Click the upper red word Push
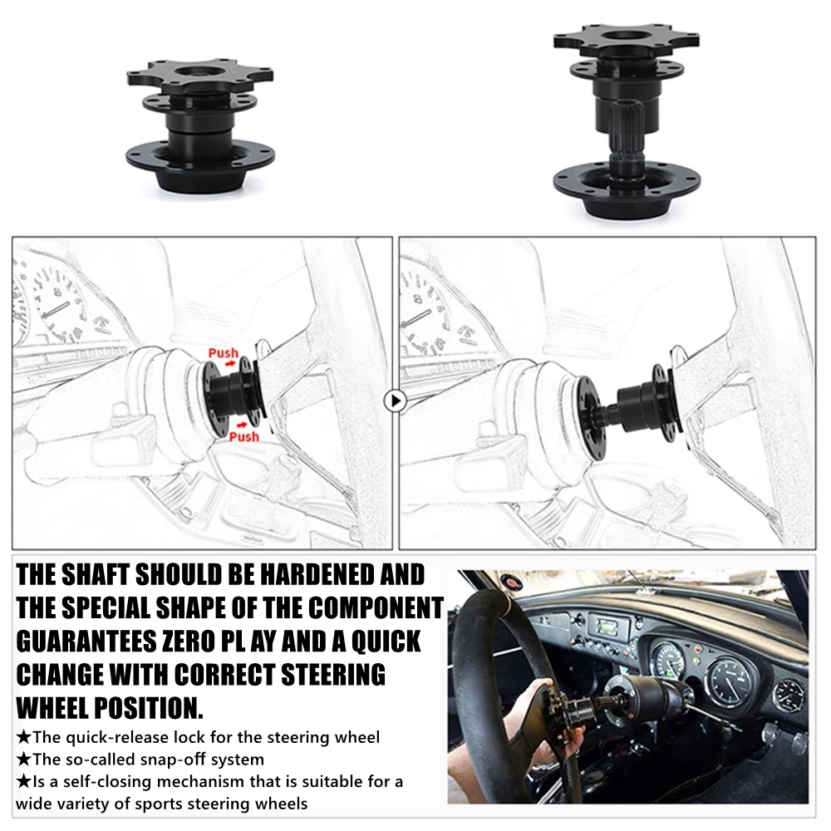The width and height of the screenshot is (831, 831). pyautogui.click(x=223, y=352)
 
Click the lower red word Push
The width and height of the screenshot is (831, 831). pyautogui.click(x=243, y=436)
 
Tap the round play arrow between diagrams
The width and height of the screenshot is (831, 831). pyautogui.click(x=396, y=401)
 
